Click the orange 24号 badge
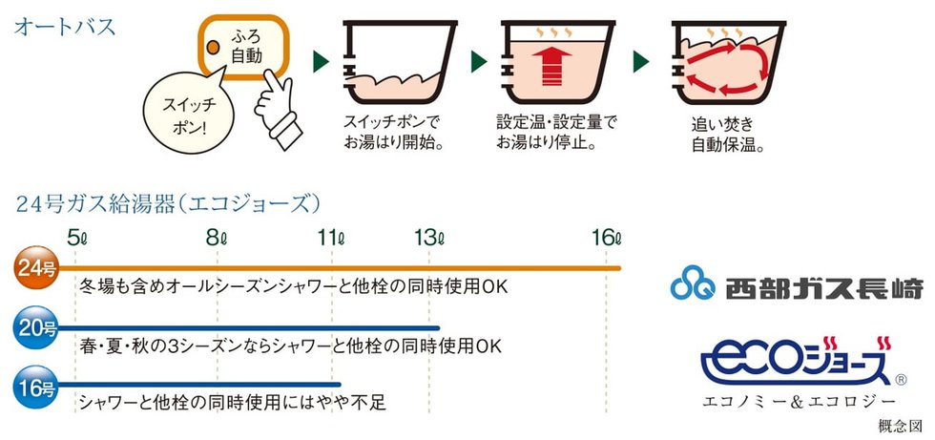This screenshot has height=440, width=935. coord(36,269)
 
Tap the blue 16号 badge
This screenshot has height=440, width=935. coord(36,388)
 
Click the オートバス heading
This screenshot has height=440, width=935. coord(65,27)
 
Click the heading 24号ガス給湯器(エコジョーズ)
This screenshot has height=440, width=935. coord(167,203)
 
